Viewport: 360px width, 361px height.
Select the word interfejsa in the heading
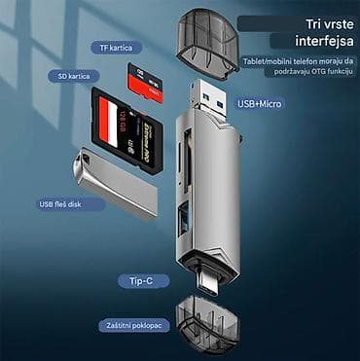tap(304, 40)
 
